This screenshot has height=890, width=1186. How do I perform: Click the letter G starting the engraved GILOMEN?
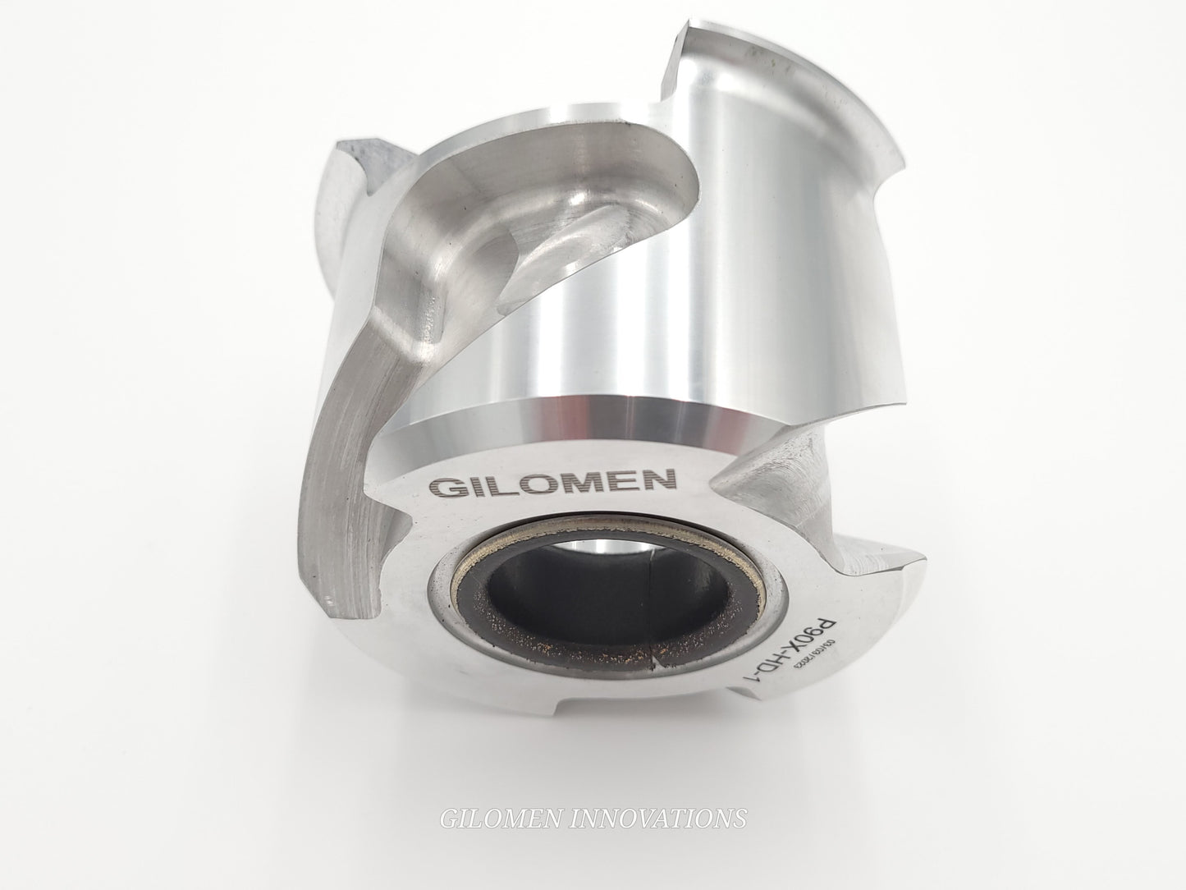point(444,486)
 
